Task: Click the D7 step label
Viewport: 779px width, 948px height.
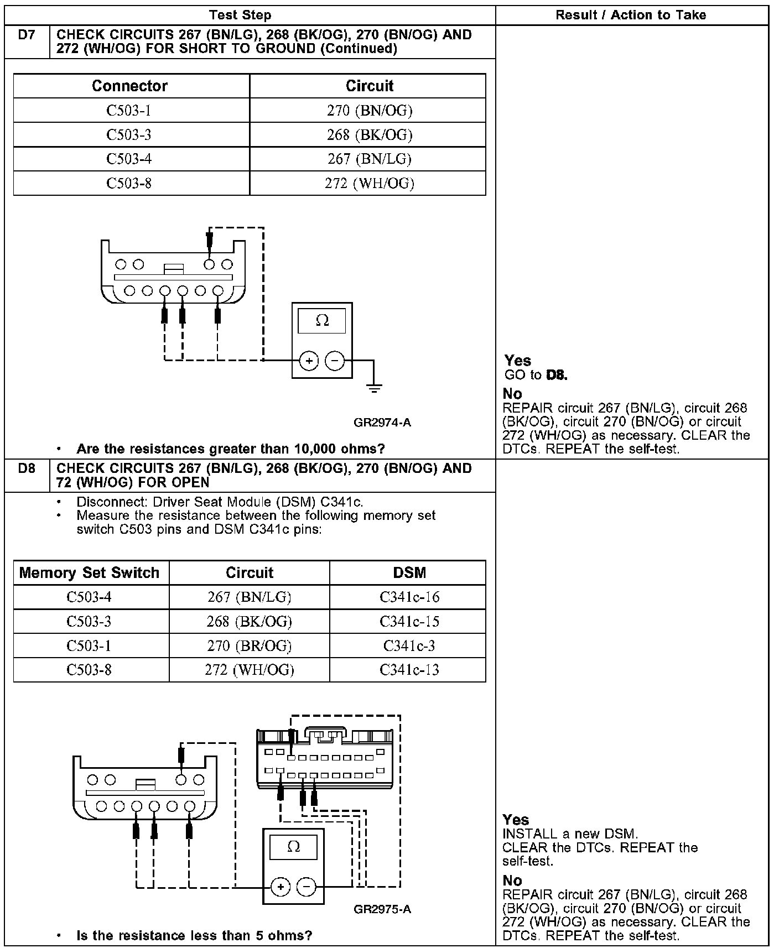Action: click(26, 35)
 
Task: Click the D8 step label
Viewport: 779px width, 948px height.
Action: click(26, 468)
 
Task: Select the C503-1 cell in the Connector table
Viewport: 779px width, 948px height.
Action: click(129, 111)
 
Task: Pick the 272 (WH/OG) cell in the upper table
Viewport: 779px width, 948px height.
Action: click(369, 183)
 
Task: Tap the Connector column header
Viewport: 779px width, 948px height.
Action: click(129, 86)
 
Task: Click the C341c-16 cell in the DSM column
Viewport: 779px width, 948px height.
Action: click(409, 597)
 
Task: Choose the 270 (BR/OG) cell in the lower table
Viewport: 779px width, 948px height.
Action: click(249, 645)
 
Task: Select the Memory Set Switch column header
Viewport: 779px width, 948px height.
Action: click(89, 572)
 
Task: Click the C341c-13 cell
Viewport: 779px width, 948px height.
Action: click(409, 670)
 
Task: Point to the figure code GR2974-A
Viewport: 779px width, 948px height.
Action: click(382, 423)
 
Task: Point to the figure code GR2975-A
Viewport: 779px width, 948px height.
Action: click(382, 909)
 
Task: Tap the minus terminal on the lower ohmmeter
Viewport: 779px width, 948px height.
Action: click(307, 887)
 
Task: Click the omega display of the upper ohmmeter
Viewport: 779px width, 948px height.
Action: click(322, 321)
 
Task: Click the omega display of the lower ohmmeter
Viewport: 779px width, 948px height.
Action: click(293, 847)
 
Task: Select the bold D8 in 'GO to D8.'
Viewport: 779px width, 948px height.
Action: click(557, 375)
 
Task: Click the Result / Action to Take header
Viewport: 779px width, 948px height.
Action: click(631, 15)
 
